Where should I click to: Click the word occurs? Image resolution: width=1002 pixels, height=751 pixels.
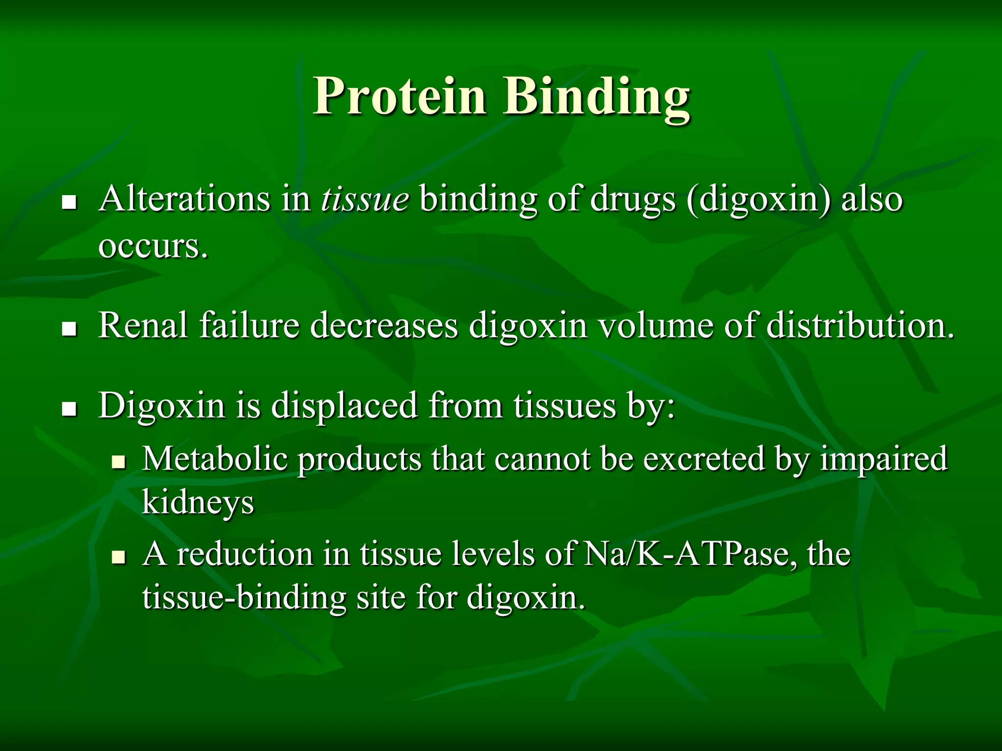tap(153, 246)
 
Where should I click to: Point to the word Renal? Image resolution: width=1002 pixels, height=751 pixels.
tap(142, 325)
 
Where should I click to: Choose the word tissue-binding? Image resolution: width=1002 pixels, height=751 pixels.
tap(244, 597)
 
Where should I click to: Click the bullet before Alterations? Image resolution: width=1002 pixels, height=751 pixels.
tap(70, 201)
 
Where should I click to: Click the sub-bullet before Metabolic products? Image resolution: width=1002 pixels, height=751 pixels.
tap(118, 461)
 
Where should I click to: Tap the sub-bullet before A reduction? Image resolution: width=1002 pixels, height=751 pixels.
tap(118, 556)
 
